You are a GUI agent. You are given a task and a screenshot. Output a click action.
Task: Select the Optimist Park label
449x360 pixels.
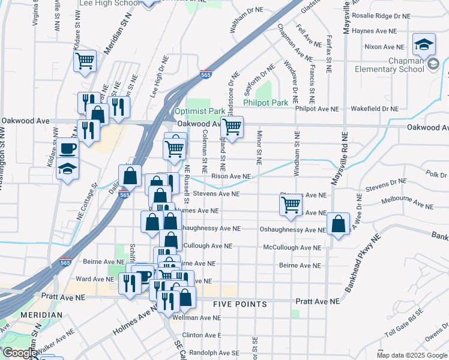(x=199, y=111)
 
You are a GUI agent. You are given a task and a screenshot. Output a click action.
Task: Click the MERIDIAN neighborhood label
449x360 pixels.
(x=41, y=314)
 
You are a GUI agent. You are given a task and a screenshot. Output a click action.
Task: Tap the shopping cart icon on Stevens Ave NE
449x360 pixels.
(x=291, y=205)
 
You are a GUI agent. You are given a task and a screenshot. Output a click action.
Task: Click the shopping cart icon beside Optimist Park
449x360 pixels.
(x=232, y=127)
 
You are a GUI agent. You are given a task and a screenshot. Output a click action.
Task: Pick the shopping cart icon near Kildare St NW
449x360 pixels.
(x=85, y=60)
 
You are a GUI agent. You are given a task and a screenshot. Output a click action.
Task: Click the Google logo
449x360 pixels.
(x=19, y=353)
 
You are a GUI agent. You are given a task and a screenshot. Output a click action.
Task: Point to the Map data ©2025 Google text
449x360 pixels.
(x=412, y=355)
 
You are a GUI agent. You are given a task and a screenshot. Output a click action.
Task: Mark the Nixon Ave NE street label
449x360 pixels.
(x=384, y=46)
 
